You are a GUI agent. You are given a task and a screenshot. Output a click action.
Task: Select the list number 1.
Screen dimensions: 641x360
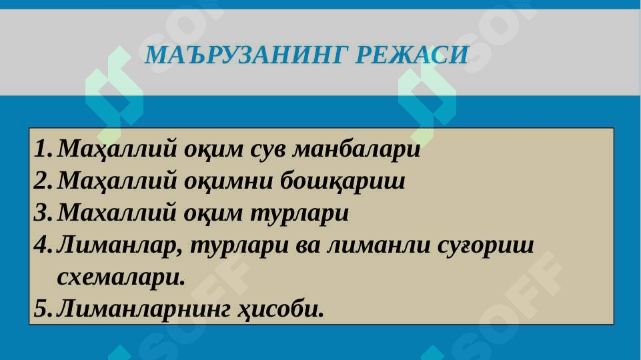point(43,149)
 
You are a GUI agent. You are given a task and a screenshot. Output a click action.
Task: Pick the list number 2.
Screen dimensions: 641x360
point(43,181)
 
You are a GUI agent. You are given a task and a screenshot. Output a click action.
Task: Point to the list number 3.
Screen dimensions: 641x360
point(43,213)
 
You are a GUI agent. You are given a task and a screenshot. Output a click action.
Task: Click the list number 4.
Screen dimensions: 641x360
point(43,245)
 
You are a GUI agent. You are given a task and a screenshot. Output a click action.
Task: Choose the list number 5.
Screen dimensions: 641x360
point(43,309)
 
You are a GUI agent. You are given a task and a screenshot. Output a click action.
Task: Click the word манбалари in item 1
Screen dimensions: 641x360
point(356,149)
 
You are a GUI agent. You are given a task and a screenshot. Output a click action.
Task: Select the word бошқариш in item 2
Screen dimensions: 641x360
point(343,181)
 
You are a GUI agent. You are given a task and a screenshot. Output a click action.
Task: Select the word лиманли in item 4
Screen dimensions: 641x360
point(378,245)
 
